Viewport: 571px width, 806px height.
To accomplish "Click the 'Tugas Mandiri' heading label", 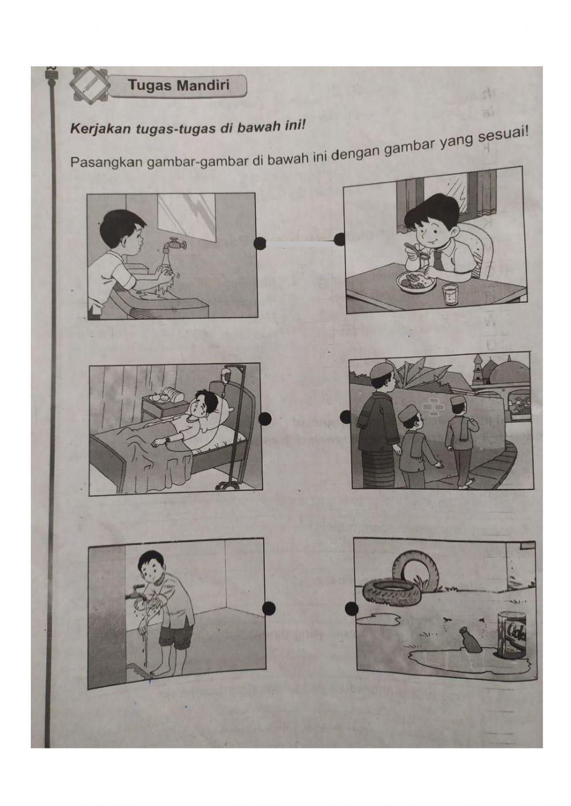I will click(x=178, y=86).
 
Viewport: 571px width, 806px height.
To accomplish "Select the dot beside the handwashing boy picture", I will click(x=260, y=244).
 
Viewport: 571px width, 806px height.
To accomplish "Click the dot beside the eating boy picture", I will click(x=340, y=240).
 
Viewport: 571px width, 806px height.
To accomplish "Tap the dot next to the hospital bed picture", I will click(x=264, y=419).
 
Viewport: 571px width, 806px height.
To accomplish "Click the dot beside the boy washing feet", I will click(x=270, y=608).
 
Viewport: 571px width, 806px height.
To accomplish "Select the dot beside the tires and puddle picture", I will click(x=352, y=609).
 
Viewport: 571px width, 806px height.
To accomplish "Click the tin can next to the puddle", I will click(x=514, y=635).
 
